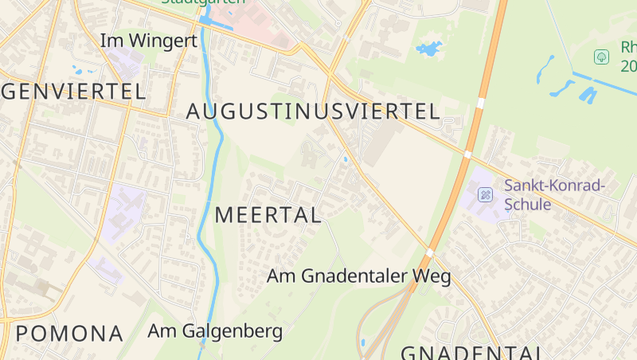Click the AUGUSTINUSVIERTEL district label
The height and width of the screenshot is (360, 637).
pos(313,112)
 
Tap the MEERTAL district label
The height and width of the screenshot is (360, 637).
pos(268,214)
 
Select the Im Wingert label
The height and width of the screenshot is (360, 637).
pos(148,40)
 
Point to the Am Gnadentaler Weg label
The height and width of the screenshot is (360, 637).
pos(359,276)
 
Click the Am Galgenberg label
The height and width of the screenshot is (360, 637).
pos(216,331)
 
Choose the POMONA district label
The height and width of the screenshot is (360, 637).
pos(70,333)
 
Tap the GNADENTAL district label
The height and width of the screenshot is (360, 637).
pos(471,353)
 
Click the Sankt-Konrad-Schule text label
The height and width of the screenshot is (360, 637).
pos(555,195)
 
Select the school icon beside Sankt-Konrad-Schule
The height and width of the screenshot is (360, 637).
pos(485,194)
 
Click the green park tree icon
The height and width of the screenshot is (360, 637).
pos(602,57)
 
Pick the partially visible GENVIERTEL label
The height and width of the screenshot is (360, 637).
pos(73,90)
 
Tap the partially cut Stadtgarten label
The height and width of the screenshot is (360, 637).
pos(193,2)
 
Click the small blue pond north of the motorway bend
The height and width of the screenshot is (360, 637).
pos(428,49)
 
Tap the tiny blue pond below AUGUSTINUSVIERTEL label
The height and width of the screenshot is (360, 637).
pos(345,160)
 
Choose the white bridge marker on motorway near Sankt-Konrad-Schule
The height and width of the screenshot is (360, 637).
pos(467,154)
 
